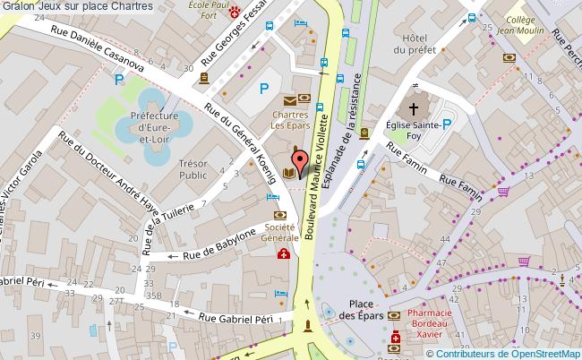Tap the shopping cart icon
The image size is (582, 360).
(x=504, y=191)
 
